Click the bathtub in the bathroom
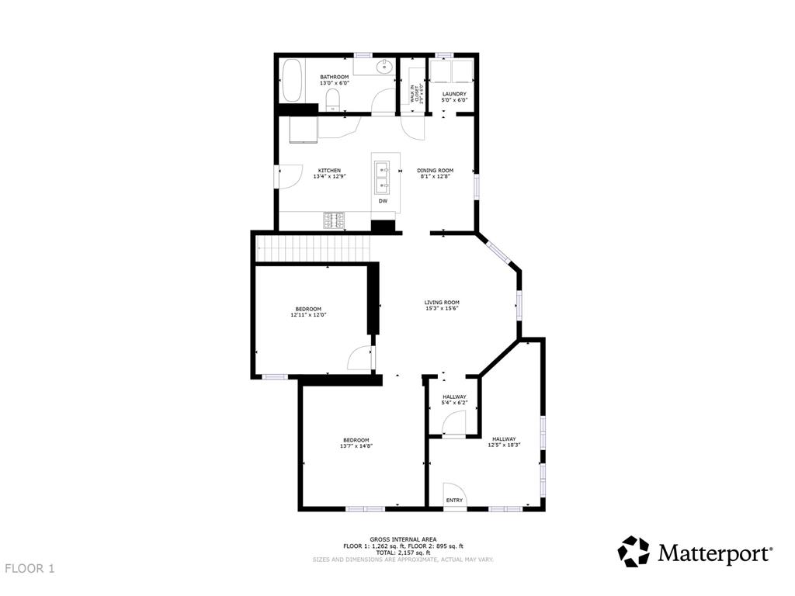(291, 80)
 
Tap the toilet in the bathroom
(332, 99)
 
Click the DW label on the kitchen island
(383, 202)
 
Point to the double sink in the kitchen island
(383, 178)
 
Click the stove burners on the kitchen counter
(335, 220)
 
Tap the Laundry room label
(453, 94)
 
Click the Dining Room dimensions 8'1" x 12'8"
(435, 176)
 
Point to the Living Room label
(442, 303)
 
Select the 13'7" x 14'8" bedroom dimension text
(356, 445)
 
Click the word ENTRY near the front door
(454, 501)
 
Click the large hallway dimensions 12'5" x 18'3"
(503, 445)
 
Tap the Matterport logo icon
(633, 552)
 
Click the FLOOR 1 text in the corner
(30, 569)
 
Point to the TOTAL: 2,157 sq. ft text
(402, 552)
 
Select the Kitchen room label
(329, 171)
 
